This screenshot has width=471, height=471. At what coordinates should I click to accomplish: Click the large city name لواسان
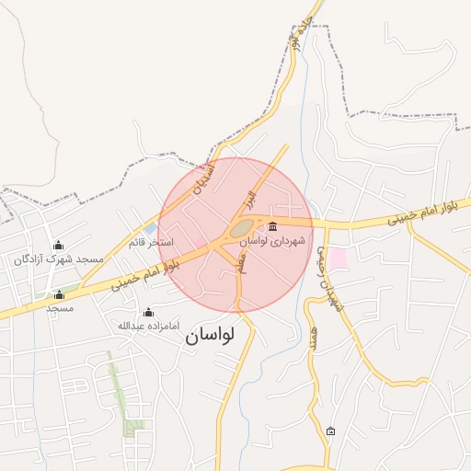pos(210,335)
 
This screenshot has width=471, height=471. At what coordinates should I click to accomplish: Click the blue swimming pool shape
pos(150,228)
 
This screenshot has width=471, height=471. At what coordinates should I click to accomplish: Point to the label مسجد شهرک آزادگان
pos(59,260)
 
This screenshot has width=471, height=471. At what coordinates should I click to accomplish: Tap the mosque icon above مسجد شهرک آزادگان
pos(59,245)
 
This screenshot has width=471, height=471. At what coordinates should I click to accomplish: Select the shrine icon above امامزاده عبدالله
pos(149,312)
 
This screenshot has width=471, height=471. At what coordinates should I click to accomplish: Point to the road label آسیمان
pos(204,175)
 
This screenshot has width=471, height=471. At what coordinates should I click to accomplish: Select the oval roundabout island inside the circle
pos(242,226)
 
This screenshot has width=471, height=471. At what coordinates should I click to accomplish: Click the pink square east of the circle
pos(339,258)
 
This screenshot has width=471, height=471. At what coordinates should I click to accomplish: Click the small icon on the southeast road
pos(331,431)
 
